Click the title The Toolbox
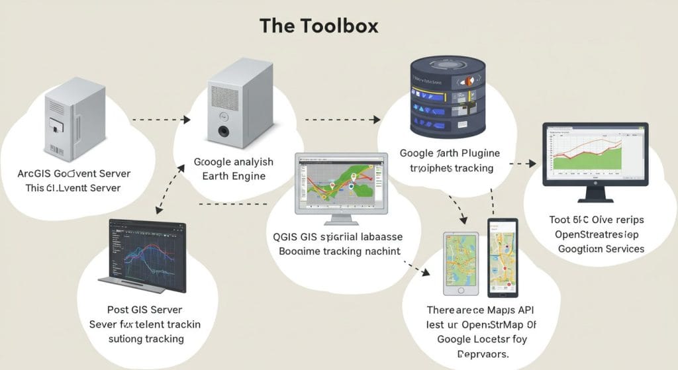[318, 26]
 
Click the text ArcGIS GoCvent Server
[74, 173]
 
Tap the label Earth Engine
[233, 176]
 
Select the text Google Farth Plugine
[450, 154]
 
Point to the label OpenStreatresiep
[597, 234]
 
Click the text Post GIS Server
[145, 309]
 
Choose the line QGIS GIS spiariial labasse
[338, 237]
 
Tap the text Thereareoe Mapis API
[480, 309]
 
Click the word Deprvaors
[479, 353]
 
